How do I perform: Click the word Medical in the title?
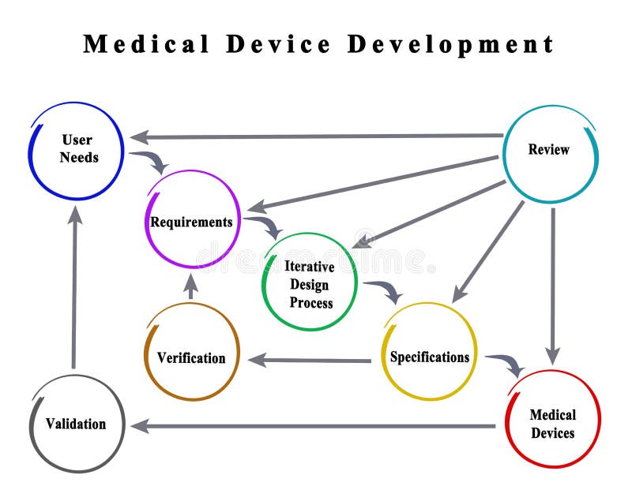point(147,44)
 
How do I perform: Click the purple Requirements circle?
point(192,220)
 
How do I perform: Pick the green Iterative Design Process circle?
point(310,282)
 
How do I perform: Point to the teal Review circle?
point(550,151)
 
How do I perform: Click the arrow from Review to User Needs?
point(316,136)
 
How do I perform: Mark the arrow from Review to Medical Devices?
point(552,284)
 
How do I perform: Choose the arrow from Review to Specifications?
point(488,252)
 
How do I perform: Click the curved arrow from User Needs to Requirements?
point(150,160)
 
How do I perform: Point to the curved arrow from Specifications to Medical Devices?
point(506,363)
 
